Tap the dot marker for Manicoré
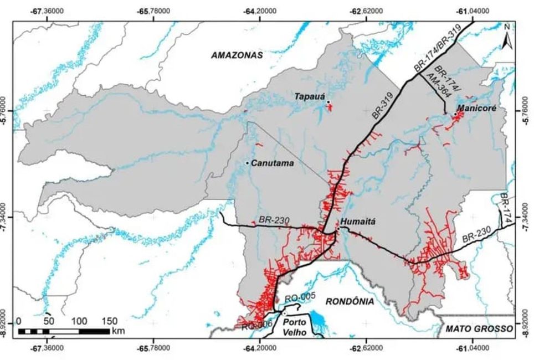[455, 114]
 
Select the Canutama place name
[272, 163]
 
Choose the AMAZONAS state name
[237, 55]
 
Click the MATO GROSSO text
[479, 329]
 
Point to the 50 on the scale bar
[48, 321]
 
